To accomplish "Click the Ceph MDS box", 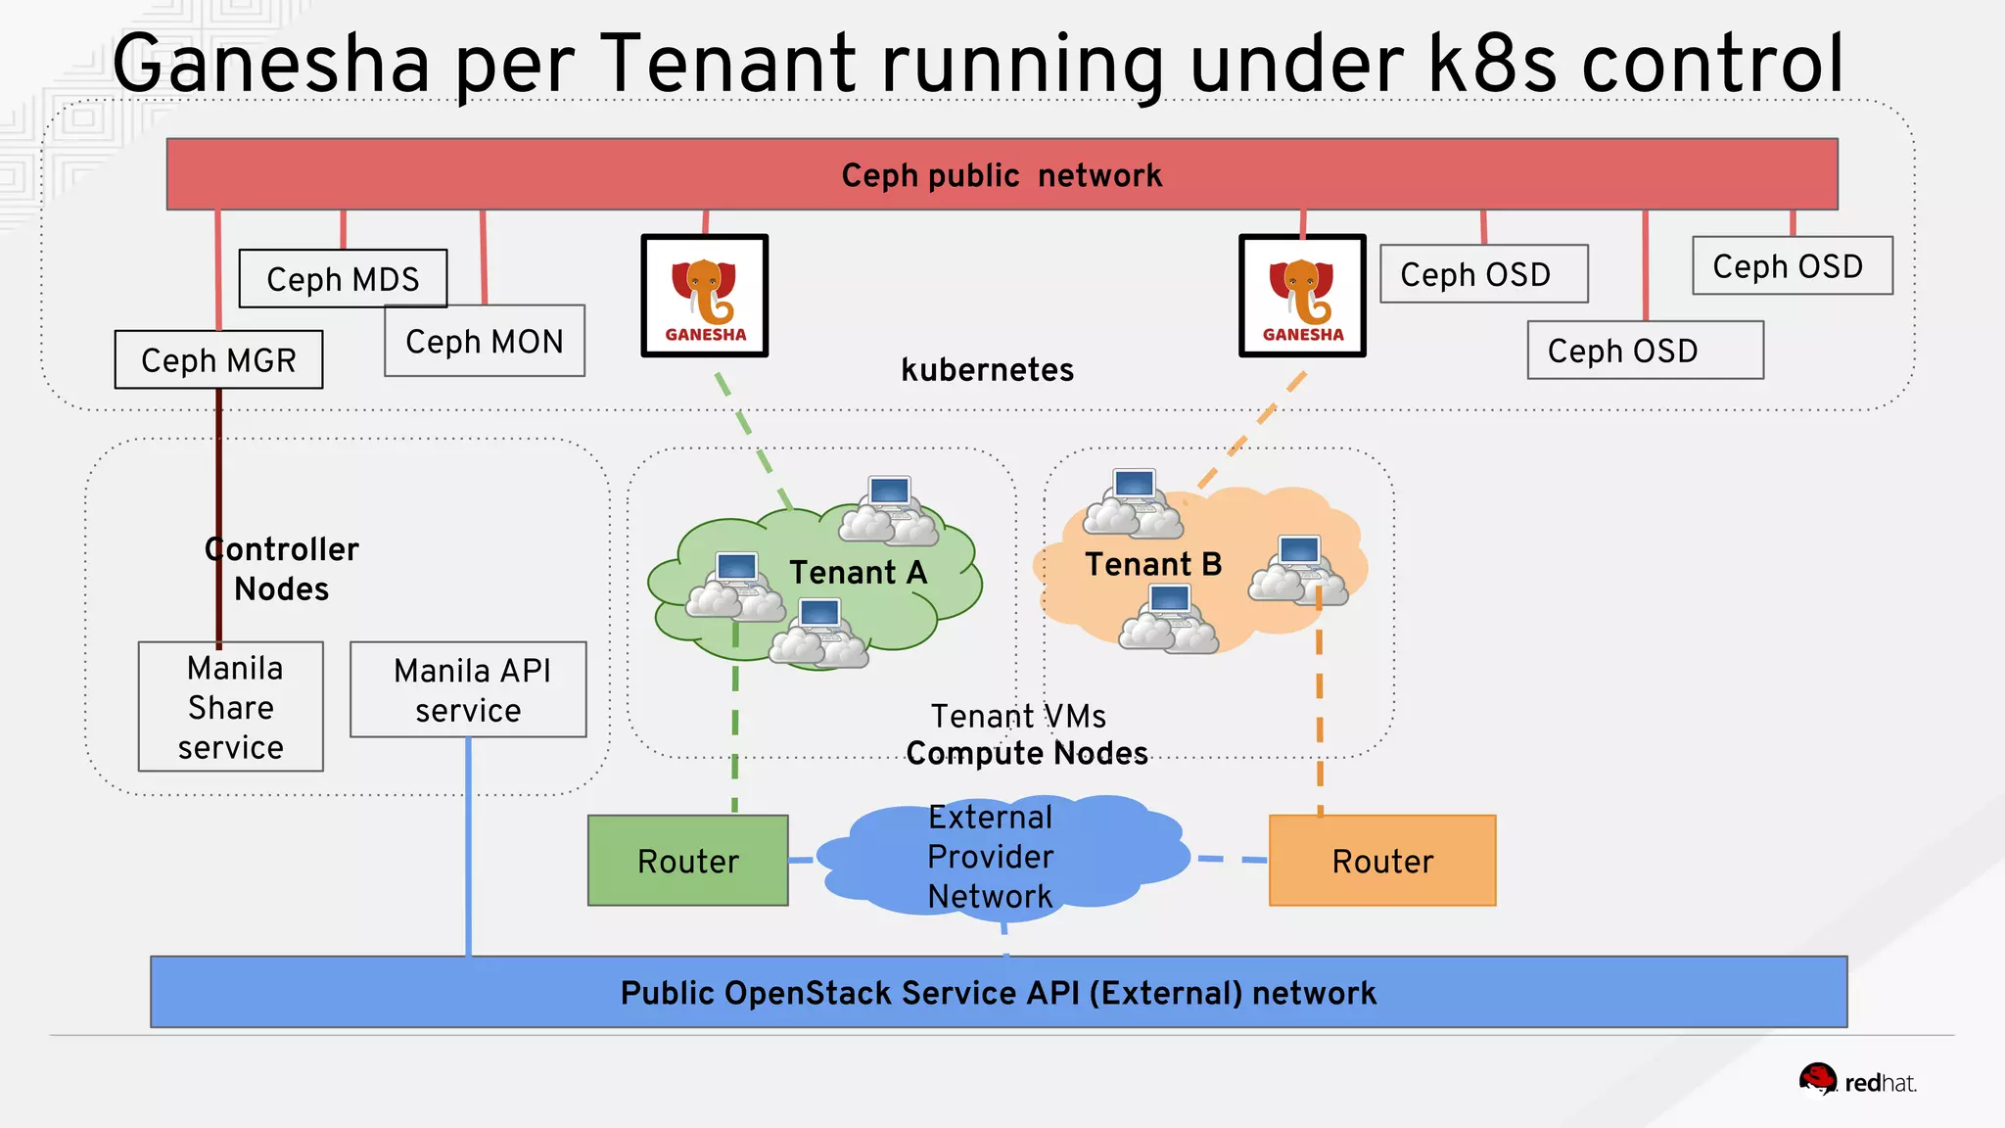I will pos(343,279).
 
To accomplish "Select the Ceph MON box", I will pos(485,341).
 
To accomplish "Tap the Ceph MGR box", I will pos(218,359).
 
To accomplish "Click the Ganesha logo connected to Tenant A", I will pos(705,296).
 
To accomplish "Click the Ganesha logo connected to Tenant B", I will pos(1302,296).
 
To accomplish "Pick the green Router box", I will pos(688,861).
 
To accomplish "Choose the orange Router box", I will pos(1382,861).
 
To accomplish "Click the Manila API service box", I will pos(468,689).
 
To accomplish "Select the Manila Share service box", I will pos(231,707).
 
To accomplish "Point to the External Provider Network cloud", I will pos(991,857).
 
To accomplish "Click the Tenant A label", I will pos(858,572).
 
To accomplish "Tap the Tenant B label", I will pos(1153,564).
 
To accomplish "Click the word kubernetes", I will pos(987,370).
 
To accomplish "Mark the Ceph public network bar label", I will pos(1002,175).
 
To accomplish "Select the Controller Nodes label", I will pos(282,569).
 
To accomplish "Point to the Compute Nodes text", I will pos(1027,753).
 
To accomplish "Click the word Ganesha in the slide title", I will pos(271,64).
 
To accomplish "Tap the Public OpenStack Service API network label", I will pos(998,993).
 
